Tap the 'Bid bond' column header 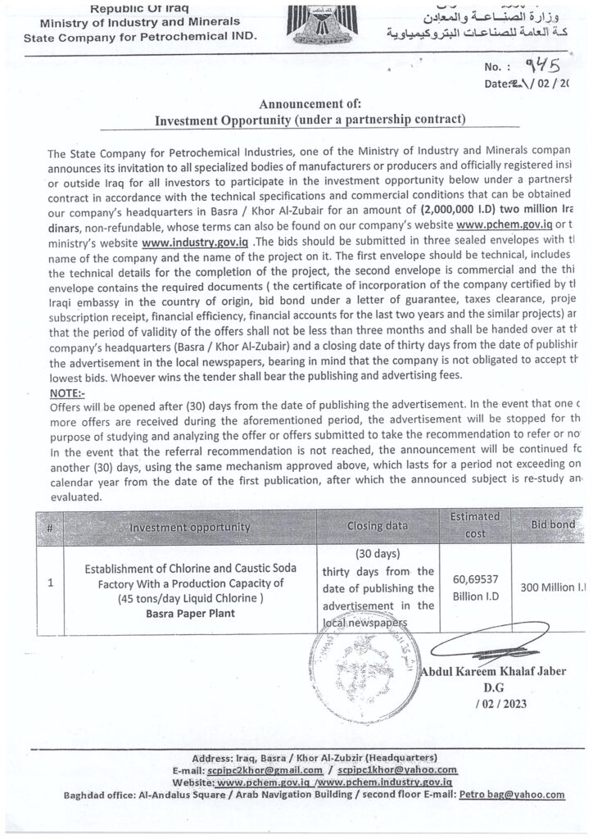[553, 524]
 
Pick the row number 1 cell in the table [51, 584]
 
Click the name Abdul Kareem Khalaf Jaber [492, 673]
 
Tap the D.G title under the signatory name [493, 688]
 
